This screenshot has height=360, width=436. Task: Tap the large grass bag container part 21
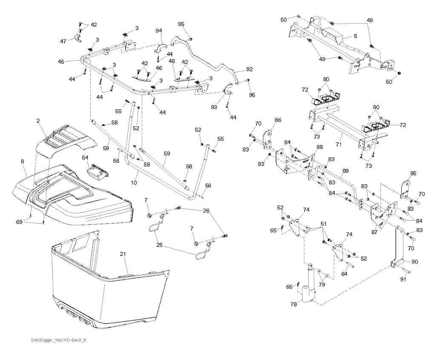tap(106, 294)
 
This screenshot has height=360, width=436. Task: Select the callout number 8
tap(23, 162)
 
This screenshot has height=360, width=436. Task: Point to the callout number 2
tap(38, 121)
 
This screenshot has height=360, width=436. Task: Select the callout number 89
tap(345, 170)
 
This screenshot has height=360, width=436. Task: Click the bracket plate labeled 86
tap(268, 137)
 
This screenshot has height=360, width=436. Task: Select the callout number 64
tap(344, 274)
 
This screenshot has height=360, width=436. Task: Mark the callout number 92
tap(249, 69)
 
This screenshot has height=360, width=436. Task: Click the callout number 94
tap(159, 31)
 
